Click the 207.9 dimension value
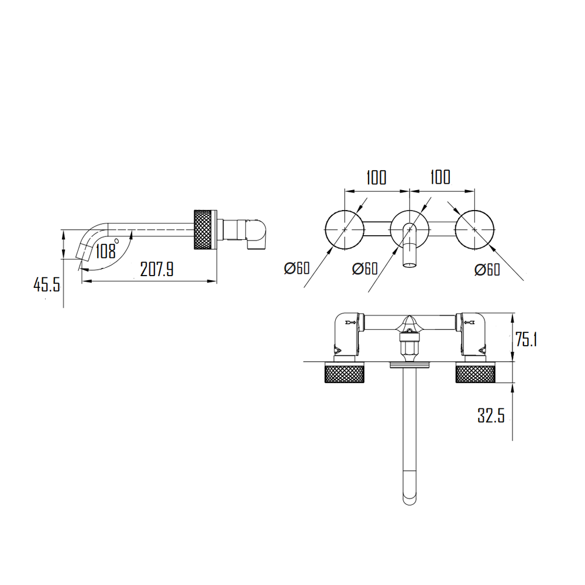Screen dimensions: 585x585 (157, 269)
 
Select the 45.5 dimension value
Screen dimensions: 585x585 (47, 285)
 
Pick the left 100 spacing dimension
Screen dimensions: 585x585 (376, 177)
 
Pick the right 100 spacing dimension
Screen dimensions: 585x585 (440, 177)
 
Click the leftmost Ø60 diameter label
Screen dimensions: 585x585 (297, 269)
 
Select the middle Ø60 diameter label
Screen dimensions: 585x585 (365, 269)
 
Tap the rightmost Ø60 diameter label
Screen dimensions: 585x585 (487, 269)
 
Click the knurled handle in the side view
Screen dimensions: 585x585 (204, 229)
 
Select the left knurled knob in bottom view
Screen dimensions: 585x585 (345, 373)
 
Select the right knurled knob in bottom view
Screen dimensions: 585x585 (476, 373)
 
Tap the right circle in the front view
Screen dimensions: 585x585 (474, 229)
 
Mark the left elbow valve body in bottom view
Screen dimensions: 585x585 (346, 335)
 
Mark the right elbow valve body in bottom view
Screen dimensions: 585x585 (473, 335)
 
